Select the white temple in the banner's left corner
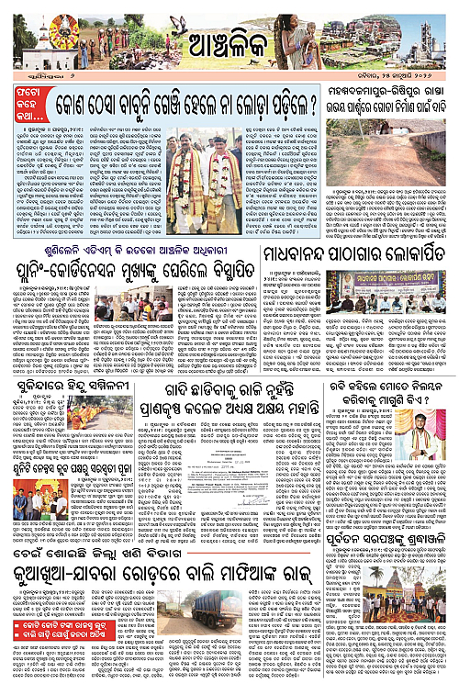pos(41,38)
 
